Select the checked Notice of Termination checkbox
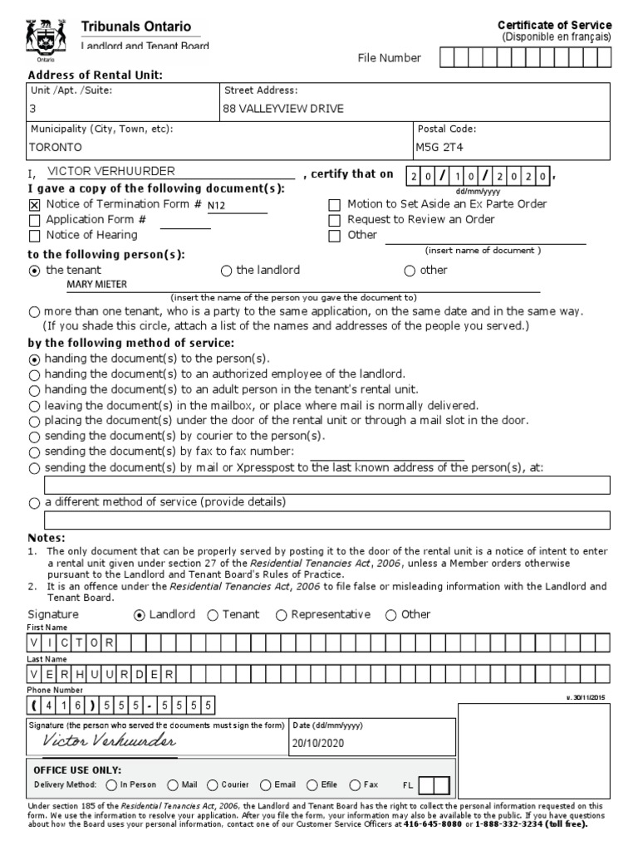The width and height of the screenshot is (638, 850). tap(34, 204)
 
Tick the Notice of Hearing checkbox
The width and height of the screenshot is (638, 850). tap(34, 236)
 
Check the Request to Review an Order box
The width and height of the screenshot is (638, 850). tap(334, 220)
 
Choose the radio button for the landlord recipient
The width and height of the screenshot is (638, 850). tap(226, 271)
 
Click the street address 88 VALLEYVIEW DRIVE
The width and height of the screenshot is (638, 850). tap(282, 109)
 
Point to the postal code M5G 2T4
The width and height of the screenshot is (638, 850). tap(441, 146)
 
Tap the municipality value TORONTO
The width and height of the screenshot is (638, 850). tap(56, 146)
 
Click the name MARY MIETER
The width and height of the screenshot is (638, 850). tap(97, 285)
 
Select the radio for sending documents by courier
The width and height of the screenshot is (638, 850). tap(34, 436)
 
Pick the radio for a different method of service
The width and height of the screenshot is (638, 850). tap(34, 503)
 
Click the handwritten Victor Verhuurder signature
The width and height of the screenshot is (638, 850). tap(109, 740)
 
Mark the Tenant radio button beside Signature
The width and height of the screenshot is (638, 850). tap(213, 615)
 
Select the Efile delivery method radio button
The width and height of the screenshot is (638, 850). tap(312, 784)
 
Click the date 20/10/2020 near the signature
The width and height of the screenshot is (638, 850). tap(317, 744)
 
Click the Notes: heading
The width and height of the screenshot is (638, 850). tap(47, 538)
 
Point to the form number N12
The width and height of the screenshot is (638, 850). tap(216, 205)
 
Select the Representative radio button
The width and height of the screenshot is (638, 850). tap(281, 615)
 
